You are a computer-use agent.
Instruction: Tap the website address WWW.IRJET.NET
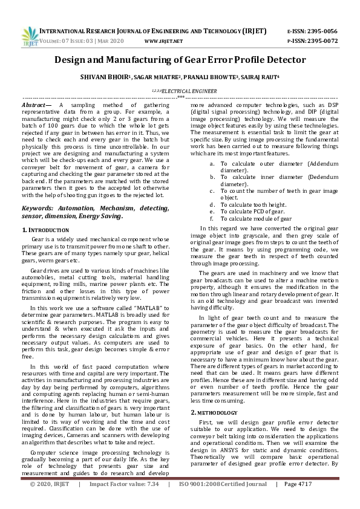pos(164,41)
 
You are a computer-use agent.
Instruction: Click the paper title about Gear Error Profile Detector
pos(180,60)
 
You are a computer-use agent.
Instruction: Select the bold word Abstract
pos(35,105)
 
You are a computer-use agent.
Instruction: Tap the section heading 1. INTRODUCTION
pos(45,230)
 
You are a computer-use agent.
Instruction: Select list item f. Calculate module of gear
pos(256,219)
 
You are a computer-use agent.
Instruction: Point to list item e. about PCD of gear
pos(252,212)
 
